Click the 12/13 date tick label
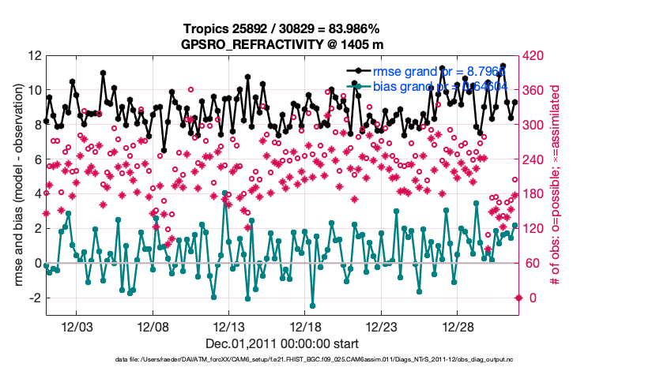(230, 327)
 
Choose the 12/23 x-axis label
(383, 327)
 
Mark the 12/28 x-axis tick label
(458, 327)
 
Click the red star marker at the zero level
(518, 298)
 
